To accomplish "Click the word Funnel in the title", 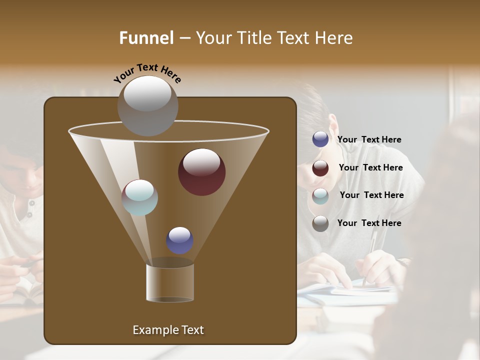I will (x=146, y=38).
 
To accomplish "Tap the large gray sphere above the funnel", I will (x=148, y=105).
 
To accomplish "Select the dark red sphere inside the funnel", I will (x=201, y=171).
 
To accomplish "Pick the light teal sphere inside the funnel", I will (x=140, y=197).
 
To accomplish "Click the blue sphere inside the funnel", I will (x=179, y=240).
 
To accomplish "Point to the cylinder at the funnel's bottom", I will (x=169, y=282).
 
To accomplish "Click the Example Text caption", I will (x=168, y=330).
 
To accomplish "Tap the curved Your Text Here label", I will (x=147, y=73).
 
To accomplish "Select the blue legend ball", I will (x=320, y=139).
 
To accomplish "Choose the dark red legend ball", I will (x=320, y=168).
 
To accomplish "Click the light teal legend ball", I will (x=320, y=195).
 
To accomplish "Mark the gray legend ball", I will (x=320, y=223).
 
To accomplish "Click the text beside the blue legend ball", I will (x=369, y=139).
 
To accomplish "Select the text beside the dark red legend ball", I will (x=370, y=167).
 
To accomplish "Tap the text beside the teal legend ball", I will (x=371, y=195).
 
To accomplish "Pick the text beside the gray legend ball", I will (x=369, y=223).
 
